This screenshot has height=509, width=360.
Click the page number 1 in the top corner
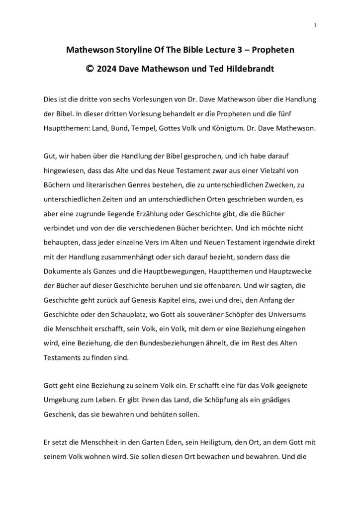pos(316,25)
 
